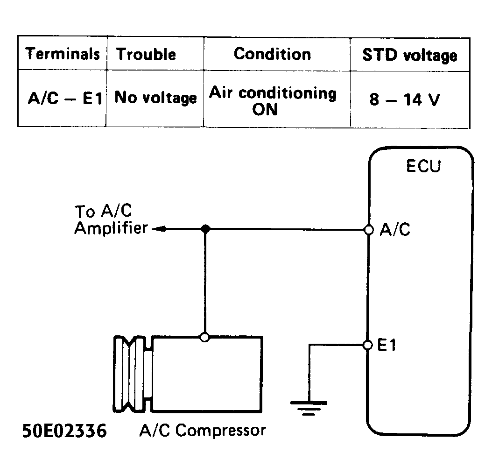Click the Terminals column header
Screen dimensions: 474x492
(x=63, y=54)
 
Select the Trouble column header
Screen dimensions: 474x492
(x=146, y=54)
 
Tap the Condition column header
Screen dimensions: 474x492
(x=272, y=54)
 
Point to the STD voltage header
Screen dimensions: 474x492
(x=409, y=55)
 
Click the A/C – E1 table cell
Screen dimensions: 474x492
(x=65, y=99)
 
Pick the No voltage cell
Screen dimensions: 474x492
(x=155, y=98)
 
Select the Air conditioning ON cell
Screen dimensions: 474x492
(x=272, y=101)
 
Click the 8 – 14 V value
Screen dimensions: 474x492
(x=404, y=99)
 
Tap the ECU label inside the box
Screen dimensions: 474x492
(x=423, y=167)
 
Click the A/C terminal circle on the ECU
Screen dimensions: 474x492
(x=369, y=229)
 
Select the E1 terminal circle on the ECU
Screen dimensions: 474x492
(x=368, y=345)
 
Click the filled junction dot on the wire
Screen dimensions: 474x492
(x=204, y=229)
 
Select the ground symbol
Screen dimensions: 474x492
(x=309, y=406)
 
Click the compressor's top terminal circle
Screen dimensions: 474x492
(x=204, y=336)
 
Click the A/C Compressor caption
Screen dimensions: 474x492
(x=202, y=431)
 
